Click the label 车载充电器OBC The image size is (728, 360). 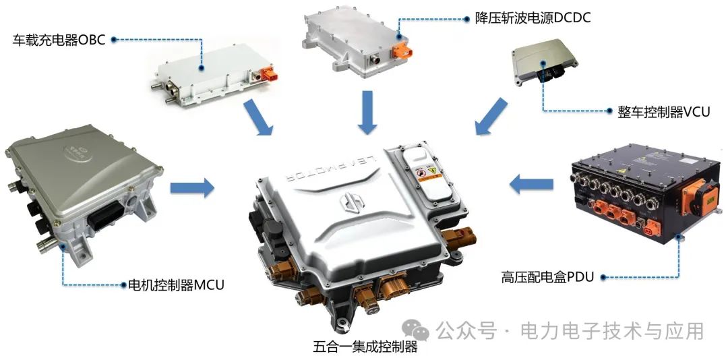point(60,40)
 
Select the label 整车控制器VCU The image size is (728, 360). point(663,112)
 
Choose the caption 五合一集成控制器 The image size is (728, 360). point(365,347)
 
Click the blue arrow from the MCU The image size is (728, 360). point(192,187)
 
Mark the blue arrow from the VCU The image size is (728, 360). point(491,115)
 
